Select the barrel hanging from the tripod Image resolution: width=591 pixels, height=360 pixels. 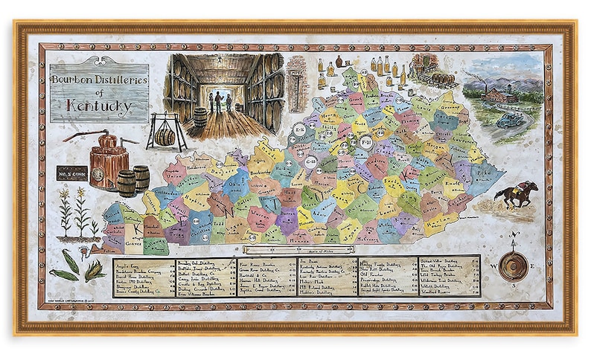tap(164, 135)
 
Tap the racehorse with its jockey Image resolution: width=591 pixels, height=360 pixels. tap(517, 193)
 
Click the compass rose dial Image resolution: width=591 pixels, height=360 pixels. tap(513, 265)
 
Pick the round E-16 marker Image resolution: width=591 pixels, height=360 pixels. tap(299, 130)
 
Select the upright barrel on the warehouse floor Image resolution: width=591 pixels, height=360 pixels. tap(200, 118)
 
